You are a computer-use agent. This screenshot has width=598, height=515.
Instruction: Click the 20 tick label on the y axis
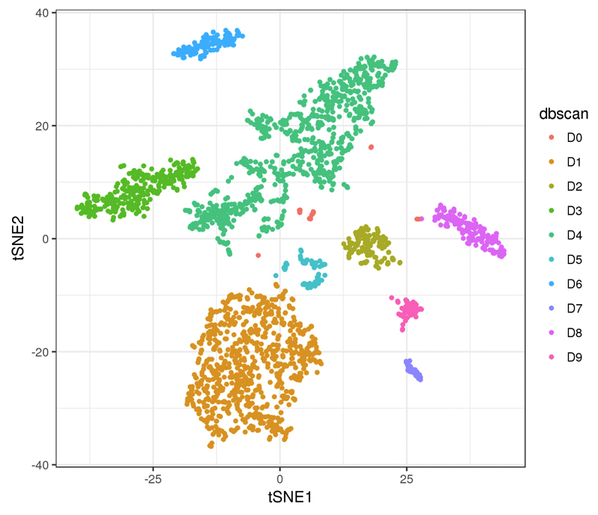(42, 126)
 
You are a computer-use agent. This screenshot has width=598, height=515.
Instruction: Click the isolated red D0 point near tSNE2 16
(371, 147)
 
